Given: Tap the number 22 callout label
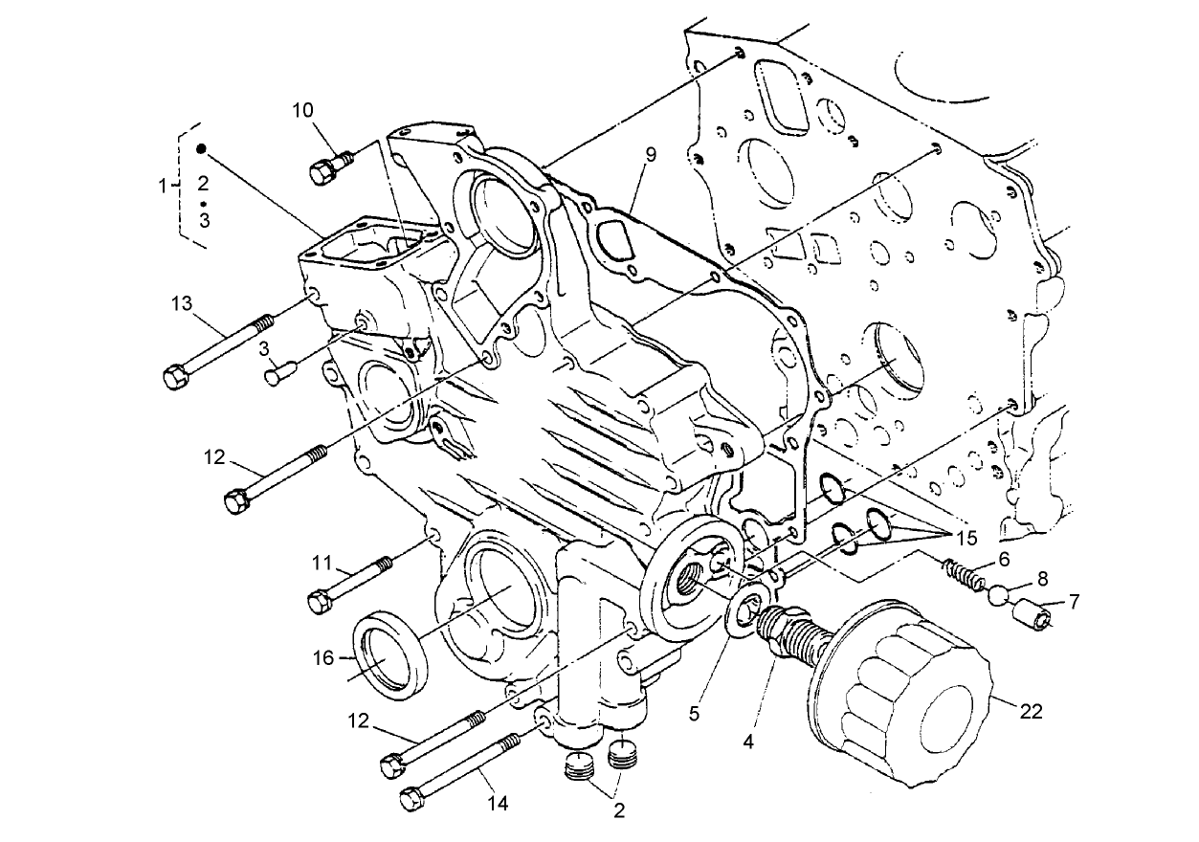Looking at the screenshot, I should click(1031, 711).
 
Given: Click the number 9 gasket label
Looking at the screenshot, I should click(651, 154).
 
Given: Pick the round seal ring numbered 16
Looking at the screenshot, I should click(387, 652).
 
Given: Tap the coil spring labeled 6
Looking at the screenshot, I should click(963, 574).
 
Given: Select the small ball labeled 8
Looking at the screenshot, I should click(998, 595).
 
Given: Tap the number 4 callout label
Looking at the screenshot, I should click(749, 739).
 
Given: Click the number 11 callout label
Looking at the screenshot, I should click(320, 563).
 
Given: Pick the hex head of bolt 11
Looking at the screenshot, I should click(321, 603).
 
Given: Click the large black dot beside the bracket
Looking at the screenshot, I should click(202, 148).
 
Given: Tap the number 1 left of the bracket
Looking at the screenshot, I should click(164, 183).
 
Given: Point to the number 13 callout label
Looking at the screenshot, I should click(182, 304).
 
